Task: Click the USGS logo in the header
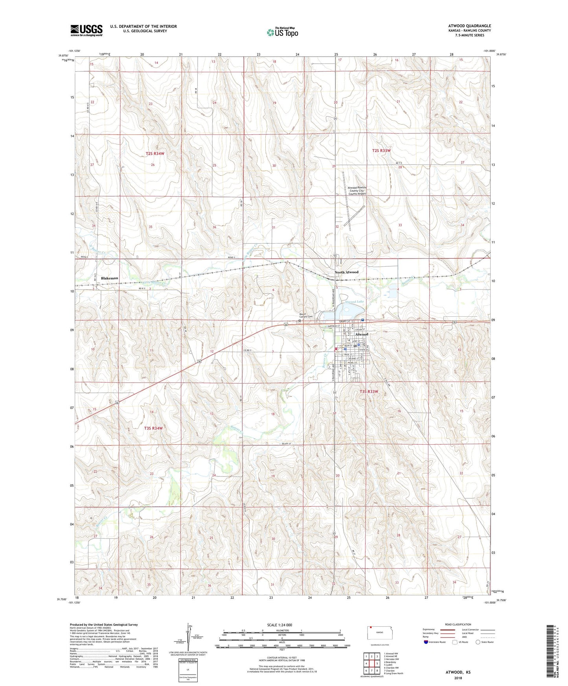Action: coord(86,30)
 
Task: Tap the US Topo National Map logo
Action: coord(282,32)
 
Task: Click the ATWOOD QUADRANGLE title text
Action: coord(468,26)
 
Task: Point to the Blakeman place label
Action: coord(109,278)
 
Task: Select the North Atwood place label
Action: coord(346,272)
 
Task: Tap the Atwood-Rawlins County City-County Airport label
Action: coord(357,191)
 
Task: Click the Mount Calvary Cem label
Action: coord(306,316)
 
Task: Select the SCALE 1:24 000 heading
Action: coord(279,625)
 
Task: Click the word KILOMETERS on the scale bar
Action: coord(282,630)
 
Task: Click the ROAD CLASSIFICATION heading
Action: coord(458,624)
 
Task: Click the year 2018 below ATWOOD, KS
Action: coord(458,678)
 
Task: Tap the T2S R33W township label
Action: coord(381,150)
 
